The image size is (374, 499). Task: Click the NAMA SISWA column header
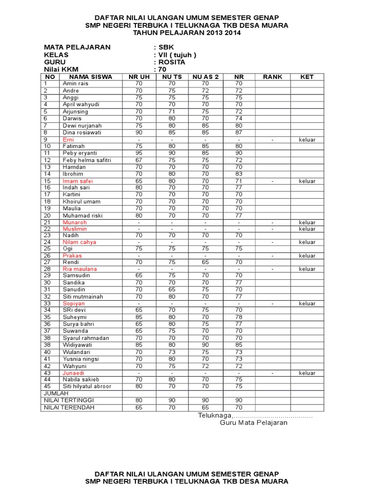tap(91, 77)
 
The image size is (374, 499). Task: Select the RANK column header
tap(272, 77)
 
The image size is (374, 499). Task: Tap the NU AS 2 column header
tap(205, 77)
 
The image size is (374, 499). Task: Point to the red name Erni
tap(68, 139)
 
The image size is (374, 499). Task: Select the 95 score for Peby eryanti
tap(139, 153)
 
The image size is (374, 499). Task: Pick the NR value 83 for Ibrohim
tap(239, 174)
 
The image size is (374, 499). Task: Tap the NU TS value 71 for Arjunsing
tap(172, 112)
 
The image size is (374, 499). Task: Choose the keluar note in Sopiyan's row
tap(307, 304)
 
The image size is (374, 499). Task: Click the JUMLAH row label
tap(56, 393)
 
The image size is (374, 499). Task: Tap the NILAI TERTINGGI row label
tap(69, 400)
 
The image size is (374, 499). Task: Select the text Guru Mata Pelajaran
tap(253, 422)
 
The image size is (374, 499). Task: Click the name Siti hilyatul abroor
tap(87, 386)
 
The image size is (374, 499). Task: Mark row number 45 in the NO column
tap(47, 386)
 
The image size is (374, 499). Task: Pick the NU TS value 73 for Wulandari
tap(172, 352)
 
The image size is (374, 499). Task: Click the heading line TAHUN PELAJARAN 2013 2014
tap(187, 33)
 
